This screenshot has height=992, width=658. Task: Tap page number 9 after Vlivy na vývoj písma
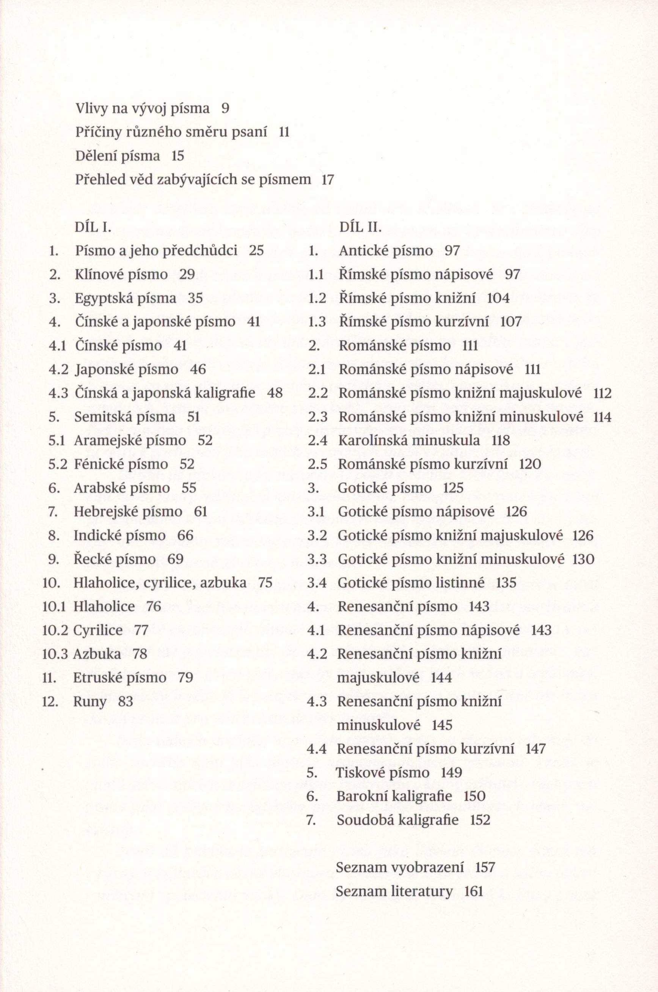point(225,108)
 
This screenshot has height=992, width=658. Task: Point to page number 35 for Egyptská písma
point(195,298)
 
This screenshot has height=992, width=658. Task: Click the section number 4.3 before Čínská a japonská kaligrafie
point(58,393)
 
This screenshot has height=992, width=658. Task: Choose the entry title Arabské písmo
point(122,487)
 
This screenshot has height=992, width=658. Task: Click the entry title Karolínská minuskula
point(409,440)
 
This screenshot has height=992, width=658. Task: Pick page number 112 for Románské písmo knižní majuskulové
point(603,393)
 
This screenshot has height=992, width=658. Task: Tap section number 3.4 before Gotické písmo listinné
point(317,583)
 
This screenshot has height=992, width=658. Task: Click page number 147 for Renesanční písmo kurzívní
point(535,748)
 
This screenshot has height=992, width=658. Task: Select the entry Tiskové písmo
point(383,772)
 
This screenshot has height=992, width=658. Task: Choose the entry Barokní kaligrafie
point(394,796)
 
